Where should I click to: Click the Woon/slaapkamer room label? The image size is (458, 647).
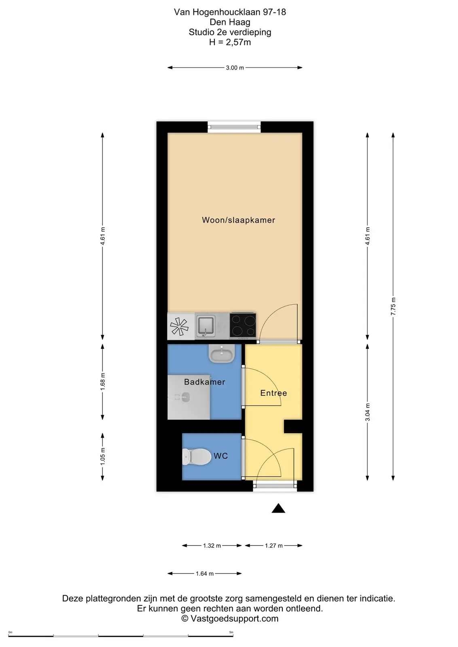click(238, 220)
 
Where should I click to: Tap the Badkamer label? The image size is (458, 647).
click(205, 382)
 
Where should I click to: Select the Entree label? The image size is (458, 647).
click(274, 393)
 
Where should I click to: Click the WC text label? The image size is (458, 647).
click(221, 456)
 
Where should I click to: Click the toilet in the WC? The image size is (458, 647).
click(197, 457)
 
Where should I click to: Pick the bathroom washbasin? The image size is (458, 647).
click(222, 354)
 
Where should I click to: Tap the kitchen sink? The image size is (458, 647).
click(206, 326)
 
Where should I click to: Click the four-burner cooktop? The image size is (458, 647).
click(243, 325)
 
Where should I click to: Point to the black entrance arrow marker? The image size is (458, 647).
click(278, 508)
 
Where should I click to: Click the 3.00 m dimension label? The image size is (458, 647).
click(235, 68)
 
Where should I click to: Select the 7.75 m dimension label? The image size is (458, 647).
click(393, 306)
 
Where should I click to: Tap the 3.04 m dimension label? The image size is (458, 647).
click(367, 412)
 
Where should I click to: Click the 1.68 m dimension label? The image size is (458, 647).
click(103, 382)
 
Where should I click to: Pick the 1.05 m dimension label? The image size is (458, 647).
click(103, 457)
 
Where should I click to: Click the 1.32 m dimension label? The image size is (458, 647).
click(212, 546)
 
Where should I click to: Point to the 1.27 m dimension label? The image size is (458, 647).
click(274, 546)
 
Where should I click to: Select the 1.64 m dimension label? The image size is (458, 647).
click(205, 574)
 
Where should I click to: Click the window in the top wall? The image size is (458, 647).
click(234, 127)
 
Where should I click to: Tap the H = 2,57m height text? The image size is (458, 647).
click(230, 42)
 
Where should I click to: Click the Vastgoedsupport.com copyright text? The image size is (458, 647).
click(230, 618)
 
